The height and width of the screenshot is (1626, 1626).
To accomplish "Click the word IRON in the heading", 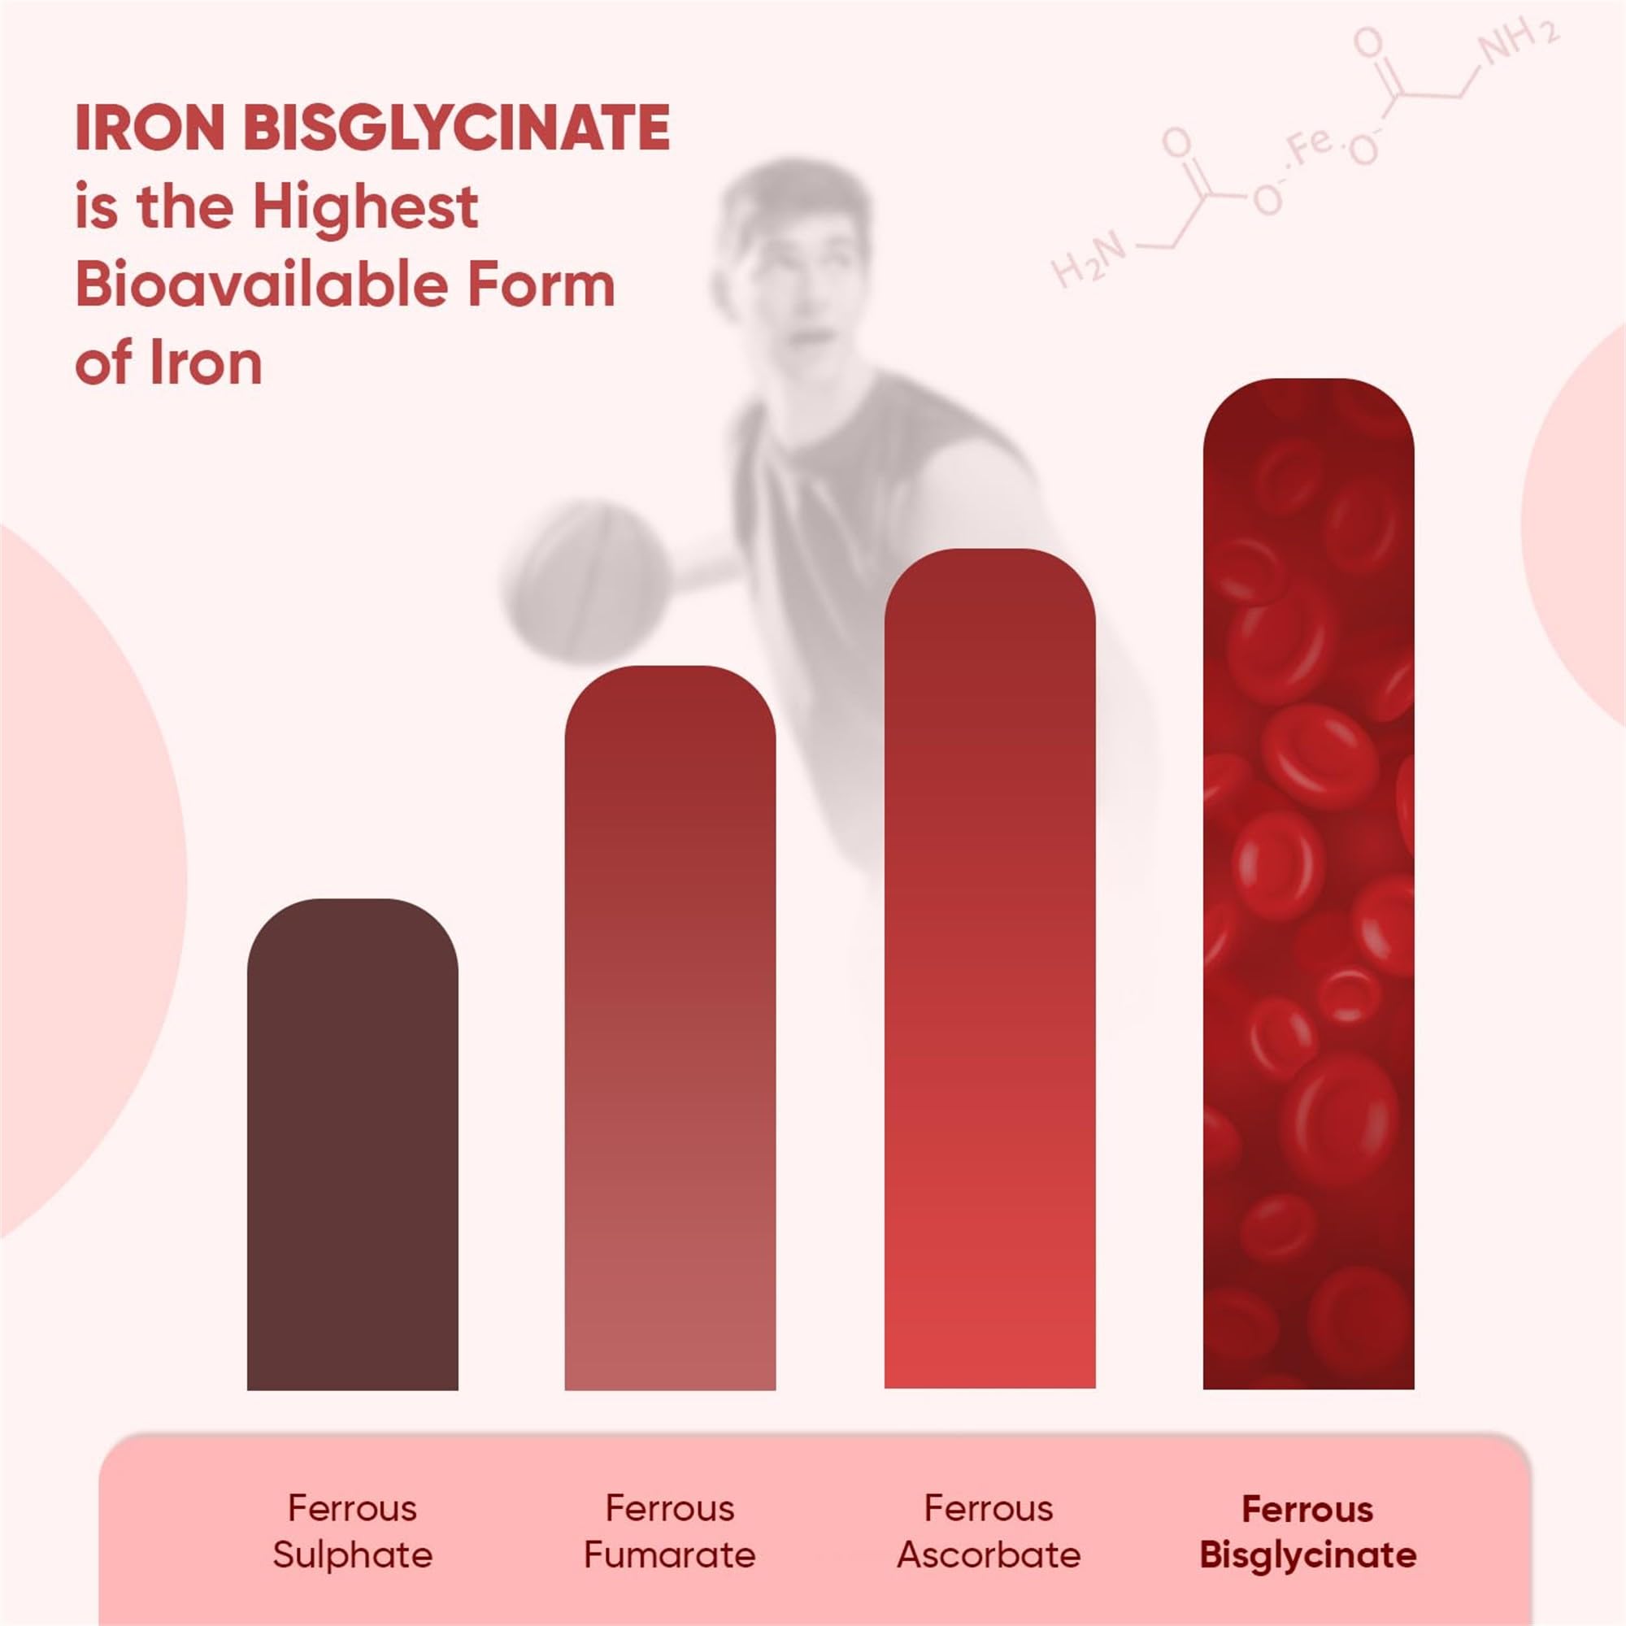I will coord(148,128).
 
